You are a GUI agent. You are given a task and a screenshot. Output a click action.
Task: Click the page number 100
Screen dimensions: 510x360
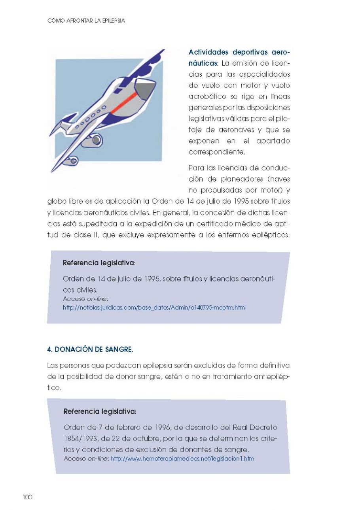[27, 497]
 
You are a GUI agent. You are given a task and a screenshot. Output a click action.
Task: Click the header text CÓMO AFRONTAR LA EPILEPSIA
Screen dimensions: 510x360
[86, 21]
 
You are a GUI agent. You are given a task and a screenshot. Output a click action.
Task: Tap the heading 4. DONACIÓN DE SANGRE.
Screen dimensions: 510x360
[90, 349]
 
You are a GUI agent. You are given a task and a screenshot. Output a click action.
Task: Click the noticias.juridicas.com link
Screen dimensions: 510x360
[154, 307]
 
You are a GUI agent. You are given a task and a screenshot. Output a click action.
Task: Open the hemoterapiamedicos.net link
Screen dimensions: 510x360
[182, 459]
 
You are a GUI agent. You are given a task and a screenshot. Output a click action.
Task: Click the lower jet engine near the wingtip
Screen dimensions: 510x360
[71, 161]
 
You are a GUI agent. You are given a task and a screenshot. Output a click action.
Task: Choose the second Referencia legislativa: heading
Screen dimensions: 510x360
[100, 412]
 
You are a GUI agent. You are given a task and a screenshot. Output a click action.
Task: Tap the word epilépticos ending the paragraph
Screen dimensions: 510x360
[267, 235]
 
